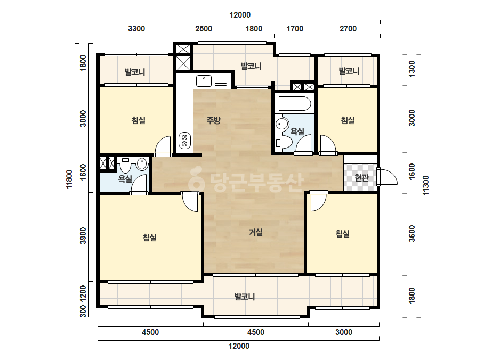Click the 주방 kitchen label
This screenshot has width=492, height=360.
[x=213, y=120]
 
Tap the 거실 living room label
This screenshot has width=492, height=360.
[x=256, y=232]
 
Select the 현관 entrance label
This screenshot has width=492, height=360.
[x=361, y=178]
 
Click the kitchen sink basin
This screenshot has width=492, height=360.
[x=204, y=81]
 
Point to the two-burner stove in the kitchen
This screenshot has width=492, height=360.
[x=184, y=140]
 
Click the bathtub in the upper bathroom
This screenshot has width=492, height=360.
[x=295, y=103]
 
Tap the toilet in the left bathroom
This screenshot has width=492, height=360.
[x=125, y=165]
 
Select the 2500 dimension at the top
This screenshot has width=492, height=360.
[x=204, y=29]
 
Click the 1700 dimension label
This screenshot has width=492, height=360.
[x=295, y=29]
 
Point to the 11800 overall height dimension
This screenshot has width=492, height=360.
[x=69, y=179]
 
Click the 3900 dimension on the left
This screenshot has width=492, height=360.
[x=83, y=235]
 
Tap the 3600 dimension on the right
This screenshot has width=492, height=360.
[x=412, y=234]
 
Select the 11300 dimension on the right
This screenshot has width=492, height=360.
[x=425, y=185]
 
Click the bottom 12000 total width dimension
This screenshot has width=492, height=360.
[x=239, y=346]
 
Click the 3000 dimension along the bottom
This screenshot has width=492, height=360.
[x=344, y=332]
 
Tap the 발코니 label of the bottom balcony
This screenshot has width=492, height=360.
[x=245, y=296]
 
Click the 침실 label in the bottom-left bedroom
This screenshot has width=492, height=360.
[x=150, y=238]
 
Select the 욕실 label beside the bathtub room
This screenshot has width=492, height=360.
[x=297, y=132]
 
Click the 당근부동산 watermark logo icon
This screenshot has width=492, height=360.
[x=196, y=179]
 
